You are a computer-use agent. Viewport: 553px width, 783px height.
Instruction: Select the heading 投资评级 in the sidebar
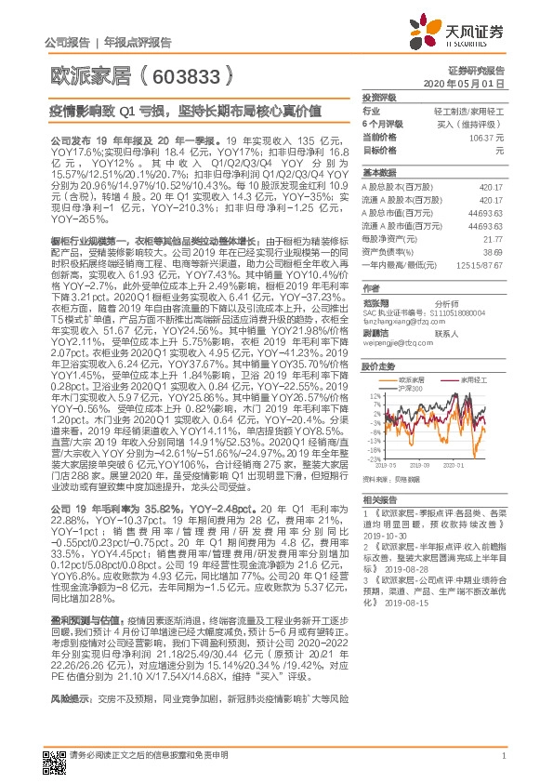pos(378,98)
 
